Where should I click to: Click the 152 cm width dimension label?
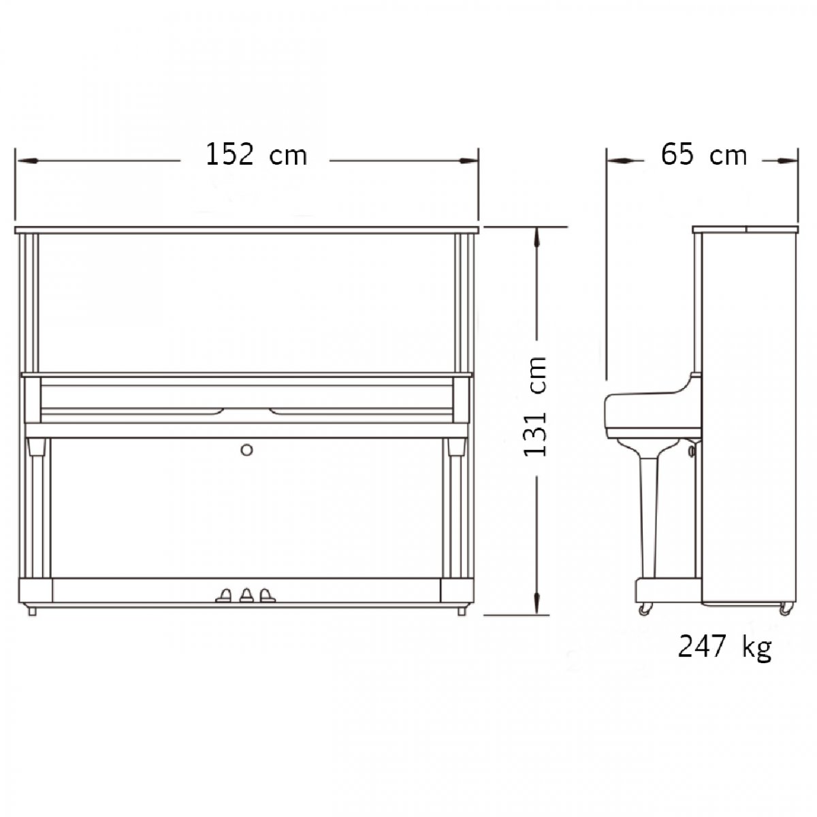pos(256,155)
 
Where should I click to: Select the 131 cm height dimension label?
pos(536,406)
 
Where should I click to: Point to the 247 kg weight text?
pos(725,647)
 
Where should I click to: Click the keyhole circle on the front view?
pos(246,450)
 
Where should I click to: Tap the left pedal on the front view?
pos(224,595)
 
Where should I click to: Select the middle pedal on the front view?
pos(246,595)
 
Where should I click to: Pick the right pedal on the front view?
pos(267,595)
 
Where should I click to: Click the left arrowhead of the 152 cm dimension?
pos(27,161)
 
